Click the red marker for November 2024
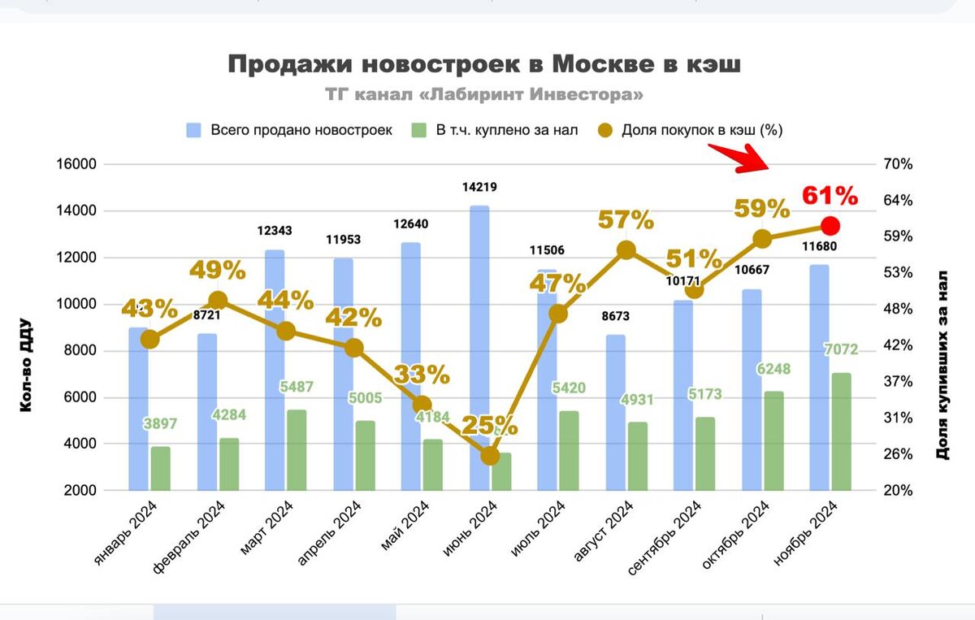coord(830,226)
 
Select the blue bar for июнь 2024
coord(479,325)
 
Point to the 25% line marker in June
coord(490,457)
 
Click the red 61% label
coord(830,196)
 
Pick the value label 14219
coord(479,187)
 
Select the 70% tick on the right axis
coord(897,164)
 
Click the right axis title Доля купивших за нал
coord(943,364)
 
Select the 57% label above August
coord(626,219)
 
